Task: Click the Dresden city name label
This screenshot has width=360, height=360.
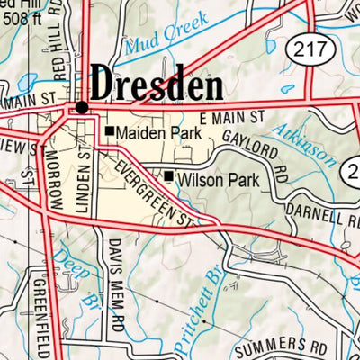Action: (157, 87)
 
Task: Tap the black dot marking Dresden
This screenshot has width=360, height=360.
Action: (82, 106)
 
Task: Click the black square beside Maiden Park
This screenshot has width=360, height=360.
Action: (110, 132)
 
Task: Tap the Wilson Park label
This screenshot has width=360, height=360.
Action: (219, 181)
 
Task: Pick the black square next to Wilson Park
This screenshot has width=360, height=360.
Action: (168, 175)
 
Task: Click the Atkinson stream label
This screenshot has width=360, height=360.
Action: (310, 143)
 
